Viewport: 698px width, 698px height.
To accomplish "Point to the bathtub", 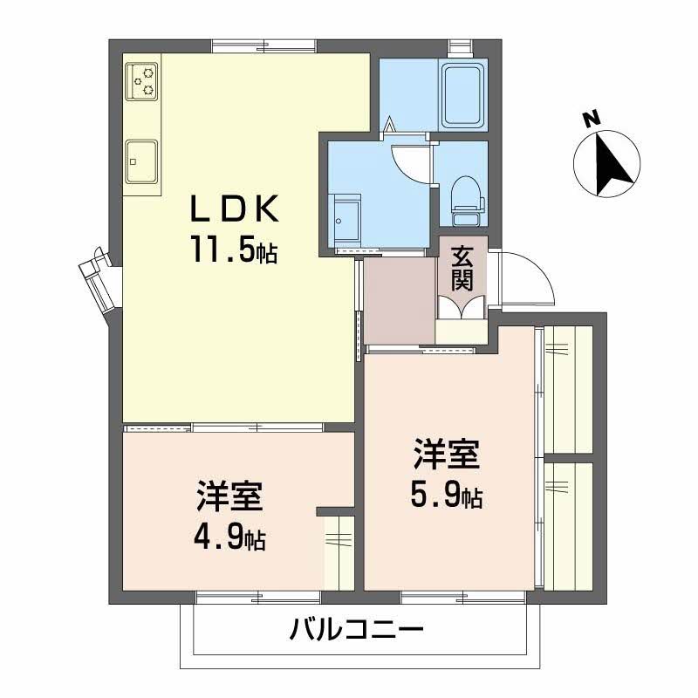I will (x=463, y=93).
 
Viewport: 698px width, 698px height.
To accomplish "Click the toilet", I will (x=466, y=194).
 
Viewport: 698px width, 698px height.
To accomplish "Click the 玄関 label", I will (x=462, y=268).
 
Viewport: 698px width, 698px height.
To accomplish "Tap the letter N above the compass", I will (x=591, y=119).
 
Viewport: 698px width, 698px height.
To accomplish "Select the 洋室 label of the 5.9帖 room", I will (x=446, y=456).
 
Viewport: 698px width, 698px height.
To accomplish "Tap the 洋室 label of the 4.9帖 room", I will (x=229, y=498).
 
